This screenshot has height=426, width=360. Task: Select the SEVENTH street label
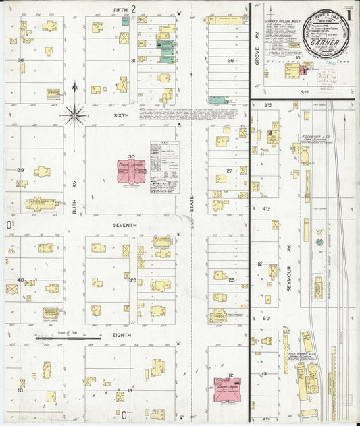point(125,225)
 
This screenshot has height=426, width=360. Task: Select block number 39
point(20,171)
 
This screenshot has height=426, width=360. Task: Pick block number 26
point(230,61)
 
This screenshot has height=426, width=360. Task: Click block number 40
point(20,280)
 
